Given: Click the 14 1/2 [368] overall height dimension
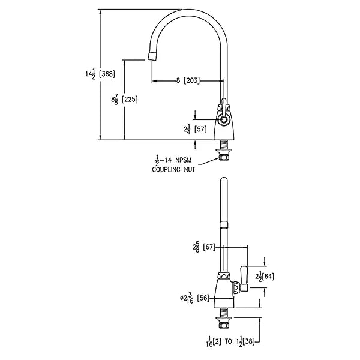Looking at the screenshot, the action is point(100,74).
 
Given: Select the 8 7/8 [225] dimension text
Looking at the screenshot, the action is point(124,100).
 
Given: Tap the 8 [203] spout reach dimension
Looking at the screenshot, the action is point(188,80).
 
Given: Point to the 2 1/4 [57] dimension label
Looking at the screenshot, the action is point(195,129).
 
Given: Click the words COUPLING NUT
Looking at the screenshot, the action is point(173,170).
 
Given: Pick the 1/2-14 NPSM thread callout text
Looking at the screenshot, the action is point(173,160).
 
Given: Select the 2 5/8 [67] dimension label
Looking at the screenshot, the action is point(204,247).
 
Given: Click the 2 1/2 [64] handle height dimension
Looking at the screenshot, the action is point(265,277).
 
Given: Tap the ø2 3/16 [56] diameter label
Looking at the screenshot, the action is point(194,298).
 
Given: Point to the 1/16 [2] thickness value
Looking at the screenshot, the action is point(214,342).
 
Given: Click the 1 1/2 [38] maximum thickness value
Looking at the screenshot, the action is point(245,342).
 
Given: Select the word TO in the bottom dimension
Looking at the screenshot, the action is point(229,341).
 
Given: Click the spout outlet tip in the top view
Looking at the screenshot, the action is point(152,56).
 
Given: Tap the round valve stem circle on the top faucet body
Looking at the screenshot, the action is point(223,119).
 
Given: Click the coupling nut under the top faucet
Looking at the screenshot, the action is point(223,157).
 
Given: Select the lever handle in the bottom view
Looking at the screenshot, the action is point(244,278).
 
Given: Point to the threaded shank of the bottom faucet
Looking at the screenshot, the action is point(223,313).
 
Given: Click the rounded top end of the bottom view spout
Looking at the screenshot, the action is point(224,180).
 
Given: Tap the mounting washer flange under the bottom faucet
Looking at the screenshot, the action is point(224,319).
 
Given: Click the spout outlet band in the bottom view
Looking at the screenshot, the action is point(224,225).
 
